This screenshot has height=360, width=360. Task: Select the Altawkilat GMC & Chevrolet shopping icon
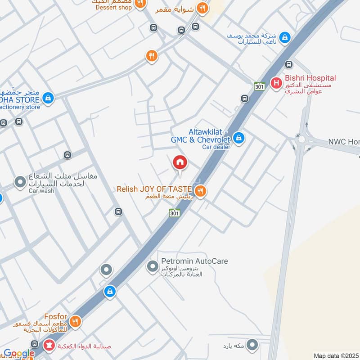click(x=239, y=137)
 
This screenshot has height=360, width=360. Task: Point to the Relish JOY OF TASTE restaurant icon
click(x=200, y=191)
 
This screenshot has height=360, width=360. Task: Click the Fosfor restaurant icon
click(x=75, y=321)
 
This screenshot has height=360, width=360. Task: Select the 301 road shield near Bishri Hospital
click(x=259, y=86)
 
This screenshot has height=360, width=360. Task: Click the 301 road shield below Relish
click(x=175, y=213)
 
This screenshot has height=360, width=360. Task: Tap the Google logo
click(x=19, y=354)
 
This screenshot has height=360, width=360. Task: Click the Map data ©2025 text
click(x=336, y=356)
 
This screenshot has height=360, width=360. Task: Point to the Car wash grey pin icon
click(x=20, y=182)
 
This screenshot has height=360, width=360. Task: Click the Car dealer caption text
click(x=216, y=147)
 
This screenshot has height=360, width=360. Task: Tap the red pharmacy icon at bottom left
click(x=48, y=346)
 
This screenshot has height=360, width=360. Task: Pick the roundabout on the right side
click(x=301, y=139)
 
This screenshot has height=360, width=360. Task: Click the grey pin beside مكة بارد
click(x=253, y=346)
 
